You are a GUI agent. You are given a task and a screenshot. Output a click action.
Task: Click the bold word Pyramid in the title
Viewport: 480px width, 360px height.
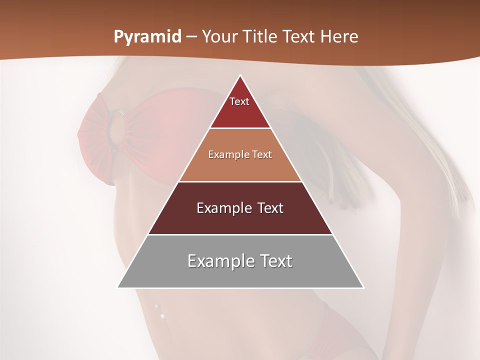147,37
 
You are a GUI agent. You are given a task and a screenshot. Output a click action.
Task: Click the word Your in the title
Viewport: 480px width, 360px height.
219,37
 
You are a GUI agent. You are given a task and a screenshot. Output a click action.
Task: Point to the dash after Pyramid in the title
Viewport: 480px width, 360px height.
191,37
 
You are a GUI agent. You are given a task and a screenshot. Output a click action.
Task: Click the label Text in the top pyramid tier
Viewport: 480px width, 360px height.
239,101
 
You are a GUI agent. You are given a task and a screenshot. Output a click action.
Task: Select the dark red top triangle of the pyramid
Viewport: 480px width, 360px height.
240,112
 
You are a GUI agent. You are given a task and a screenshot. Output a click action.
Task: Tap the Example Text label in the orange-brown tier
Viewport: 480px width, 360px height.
240,154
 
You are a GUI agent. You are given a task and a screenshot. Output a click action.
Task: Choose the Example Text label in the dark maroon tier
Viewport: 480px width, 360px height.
240,208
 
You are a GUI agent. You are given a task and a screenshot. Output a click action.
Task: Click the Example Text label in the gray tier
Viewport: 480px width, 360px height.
240,261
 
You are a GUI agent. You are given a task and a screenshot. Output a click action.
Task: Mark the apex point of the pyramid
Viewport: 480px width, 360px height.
240,75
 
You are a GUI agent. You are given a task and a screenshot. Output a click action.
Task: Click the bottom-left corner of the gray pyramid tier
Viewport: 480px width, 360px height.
118,287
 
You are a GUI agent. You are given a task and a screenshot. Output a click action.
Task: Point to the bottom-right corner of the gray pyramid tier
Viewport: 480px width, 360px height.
363,287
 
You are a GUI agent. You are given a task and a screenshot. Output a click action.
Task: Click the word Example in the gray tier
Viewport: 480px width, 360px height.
218,261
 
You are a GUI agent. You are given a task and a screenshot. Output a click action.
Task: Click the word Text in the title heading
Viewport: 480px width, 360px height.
300,37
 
